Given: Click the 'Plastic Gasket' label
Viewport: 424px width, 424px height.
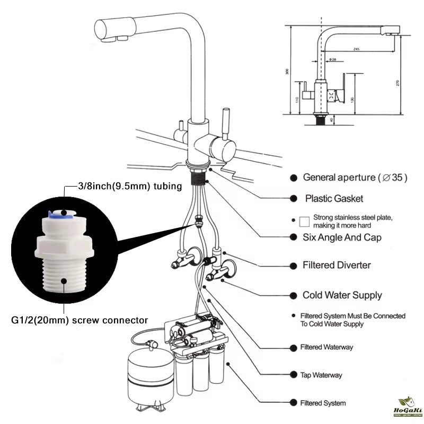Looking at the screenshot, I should tap(334, 199).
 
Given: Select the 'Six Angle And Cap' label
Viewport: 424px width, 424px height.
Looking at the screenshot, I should tap(342, 237).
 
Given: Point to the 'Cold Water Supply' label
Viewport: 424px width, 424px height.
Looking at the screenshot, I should tap(342, 295).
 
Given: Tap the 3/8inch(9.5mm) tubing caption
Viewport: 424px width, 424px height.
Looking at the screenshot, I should tap(130, 186).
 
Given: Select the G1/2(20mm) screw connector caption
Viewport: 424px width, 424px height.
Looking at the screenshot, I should tap(79, 320).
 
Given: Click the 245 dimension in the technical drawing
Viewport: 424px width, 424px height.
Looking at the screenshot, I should tap(356, 49).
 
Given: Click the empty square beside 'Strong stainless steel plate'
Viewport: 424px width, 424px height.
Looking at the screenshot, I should tap(304, 221).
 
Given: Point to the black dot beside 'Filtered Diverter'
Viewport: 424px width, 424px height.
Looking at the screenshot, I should tap(293, 265).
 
